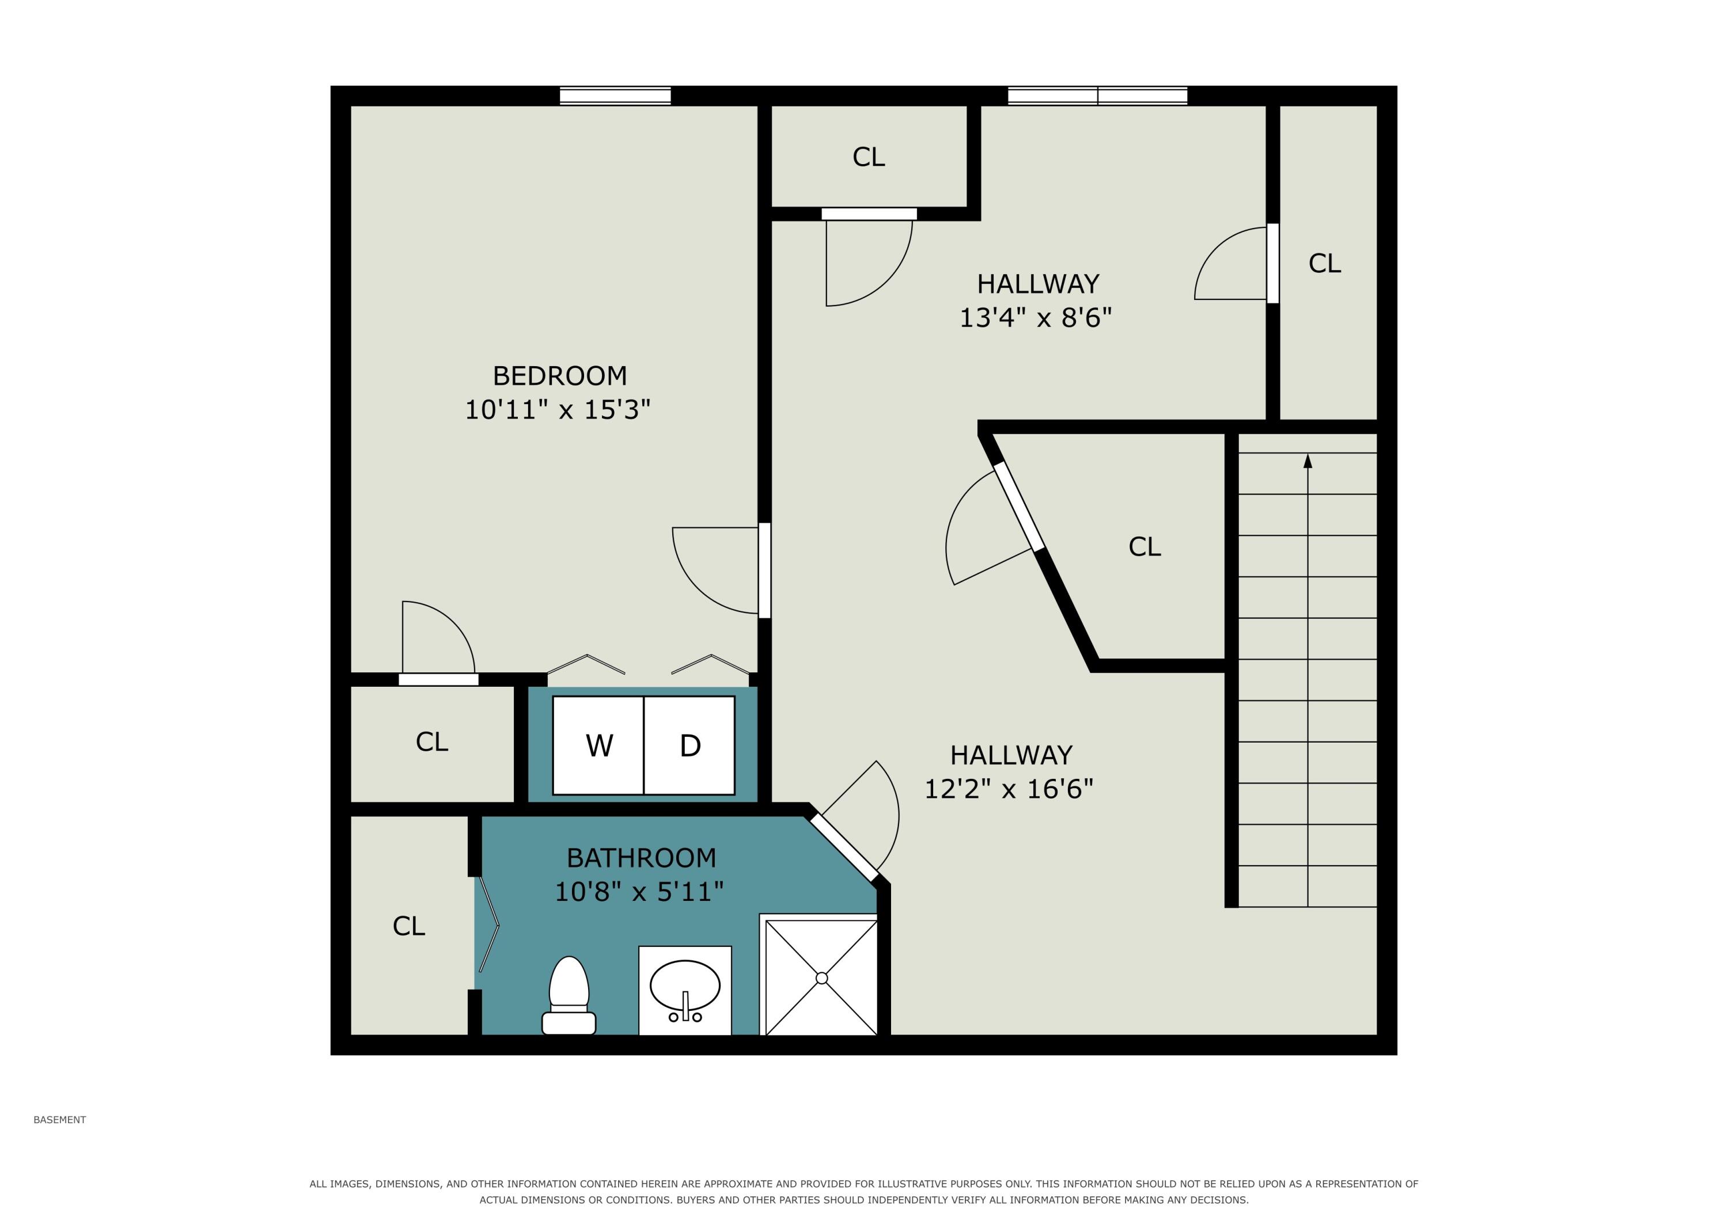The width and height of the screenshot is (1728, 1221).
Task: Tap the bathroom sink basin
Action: coord(685,986)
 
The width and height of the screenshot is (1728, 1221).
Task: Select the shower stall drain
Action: coord(821,978)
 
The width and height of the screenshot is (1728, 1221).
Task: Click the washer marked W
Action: coord(598,745)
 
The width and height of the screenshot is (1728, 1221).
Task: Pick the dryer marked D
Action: coord(689,745)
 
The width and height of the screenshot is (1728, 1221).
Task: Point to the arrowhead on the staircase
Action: coord(1308,461)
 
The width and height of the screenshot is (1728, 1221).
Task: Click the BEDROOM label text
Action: coord(559,375)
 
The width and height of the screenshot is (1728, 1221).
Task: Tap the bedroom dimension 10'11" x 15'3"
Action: coord(557,410)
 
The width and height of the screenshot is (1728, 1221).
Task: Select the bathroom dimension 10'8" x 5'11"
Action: coord(639,892)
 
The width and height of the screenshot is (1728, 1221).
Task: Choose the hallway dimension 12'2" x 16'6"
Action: coord(1009,789)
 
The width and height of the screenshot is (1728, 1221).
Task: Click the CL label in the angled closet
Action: coord(1144,547)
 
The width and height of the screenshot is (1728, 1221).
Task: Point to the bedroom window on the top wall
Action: coord(615,96)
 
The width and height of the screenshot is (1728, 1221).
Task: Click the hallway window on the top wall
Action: coord(1097,96)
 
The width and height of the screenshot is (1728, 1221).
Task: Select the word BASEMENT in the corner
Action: coord(59,1120)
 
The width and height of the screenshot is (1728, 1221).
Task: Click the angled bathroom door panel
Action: coord(844,846)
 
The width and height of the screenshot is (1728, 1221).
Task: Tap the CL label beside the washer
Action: coord(431,742)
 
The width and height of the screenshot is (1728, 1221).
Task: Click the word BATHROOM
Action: coord(641,858)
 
